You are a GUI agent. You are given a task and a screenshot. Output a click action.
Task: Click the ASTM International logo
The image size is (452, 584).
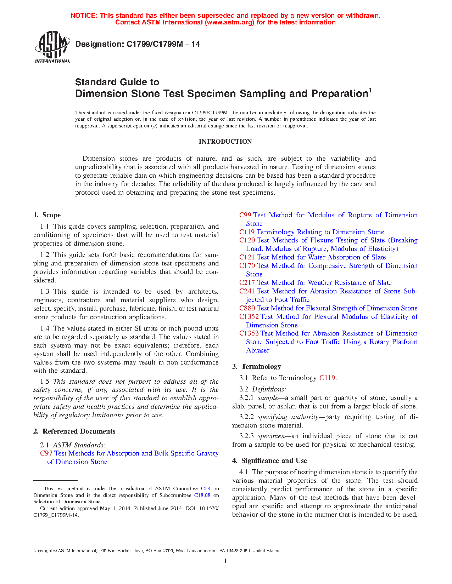pyautogui.click(x=52, y=47)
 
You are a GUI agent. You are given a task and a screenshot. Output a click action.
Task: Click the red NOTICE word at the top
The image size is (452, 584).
pyautogui.click(x=84, y=16)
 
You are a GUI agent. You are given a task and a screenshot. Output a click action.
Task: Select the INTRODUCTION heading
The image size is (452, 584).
pyautogui.click(x=225, y=142)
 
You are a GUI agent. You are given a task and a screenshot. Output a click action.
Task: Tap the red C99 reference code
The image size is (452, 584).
pyautogui.click(x=245, y=215)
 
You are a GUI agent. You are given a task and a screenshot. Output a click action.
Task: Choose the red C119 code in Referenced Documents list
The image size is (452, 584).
pyautogui.click(x=247, y=232)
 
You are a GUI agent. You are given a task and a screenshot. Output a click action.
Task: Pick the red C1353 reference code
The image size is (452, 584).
pyautogui.click(x=249, y=333)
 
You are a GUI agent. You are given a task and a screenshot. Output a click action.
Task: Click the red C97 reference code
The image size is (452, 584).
pyautogui.click(x=46, y=453)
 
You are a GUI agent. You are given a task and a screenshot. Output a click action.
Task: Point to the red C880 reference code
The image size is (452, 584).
pyautogui.click(x=247, y=308)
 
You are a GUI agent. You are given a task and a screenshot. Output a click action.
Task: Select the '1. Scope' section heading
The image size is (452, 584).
pyautogui.click(x=47, y=215)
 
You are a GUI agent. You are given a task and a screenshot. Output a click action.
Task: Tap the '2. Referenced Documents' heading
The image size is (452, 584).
pyautogui.click(x=74, y=431)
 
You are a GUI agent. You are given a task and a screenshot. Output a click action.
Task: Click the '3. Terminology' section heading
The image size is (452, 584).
pyautogui.click(x=257, y=367)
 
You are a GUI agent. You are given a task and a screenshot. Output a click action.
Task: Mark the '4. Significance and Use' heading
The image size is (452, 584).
pyautogui.click(x=270, y=461)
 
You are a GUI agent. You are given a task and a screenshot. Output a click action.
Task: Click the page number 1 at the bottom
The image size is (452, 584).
pyautogui.click(x=225, y=561)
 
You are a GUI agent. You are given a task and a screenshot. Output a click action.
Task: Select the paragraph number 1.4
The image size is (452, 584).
pyautogui.click(x=45, y=328)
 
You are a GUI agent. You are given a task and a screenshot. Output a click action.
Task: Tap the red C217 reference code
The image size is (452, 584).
pyautogui.click(x=247, y=283)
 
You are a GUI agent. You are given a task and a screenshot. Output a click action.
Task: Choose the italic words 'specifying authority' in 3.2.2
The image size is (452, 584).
pyautogui.click(x=286, y=417)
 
